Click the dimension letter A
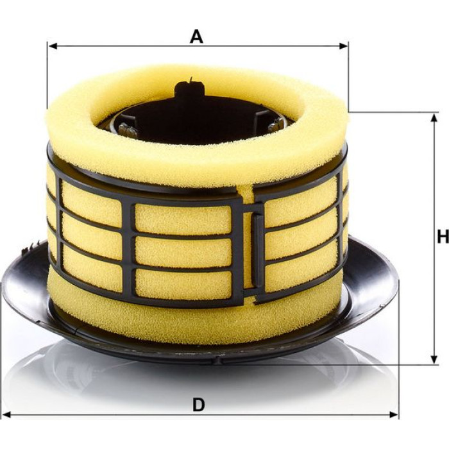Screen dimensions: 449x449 pyautogui.click(x=196, y=37)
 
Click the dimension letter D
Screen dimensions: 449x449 pyautogui.click(x=199, y=405)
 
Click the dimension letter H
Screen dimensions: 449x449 pyautogui.click(x=443, y=237)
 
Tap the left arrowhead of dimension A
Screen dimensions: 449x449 pyautogui.click(x=53, y=46)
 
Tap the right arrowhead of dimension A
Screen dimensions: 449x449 pyautogui.click(x=343, y=46)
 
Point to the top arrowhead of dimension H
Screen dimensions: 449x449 pyautogui.click(x=434, y=118)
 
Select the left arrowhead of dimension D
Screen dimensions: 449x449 pyautogui.click(x=7, y=414)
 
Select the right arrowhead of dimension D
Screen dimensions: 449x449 pyautogui.click(x=393, y=414)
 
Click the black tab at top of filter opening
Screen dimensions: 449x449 pyautogui.click(x=189, y=89)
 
